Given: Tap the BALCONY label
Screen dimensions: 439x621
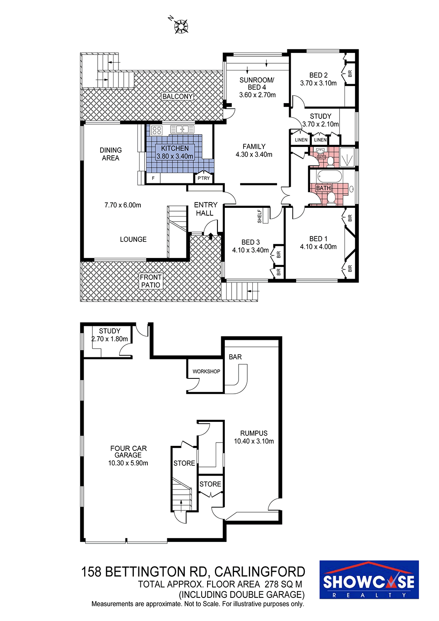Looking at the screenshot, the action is pos(178,96).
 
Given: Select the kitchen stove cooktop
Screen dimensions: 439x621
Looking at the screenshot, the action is pos(157,130).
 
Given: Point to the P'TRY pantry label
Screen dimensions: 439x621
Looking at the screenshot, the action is pos(203,178).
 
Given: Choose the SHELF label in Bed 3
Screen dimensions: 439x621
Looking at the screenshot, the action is pos(260,216).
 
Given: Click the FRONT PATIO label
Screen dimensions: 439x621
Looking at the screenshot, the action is pos(151,281).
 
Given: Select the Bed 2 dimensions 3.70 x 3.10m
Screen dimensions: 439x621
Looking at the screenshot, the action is pos(318,83).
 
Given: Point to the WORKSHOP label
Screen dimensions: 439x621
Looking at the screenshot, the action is pos(206,371).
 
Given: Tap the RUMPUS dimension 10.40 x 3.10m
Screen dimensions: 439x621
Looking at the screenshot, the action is pos(254,441).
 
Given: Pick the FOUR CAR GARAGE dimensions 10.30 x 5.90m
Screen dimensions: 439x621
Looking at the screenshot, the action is pos(128,463).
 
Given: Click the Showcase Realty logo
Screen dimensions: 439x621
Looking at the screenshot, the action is pos(369,580).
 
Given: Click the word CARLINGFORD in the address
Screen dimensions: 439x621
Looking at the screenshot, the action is pos(260,572).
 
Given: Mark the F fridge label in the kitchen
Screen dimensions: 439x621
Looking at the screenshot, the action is pos(153,178).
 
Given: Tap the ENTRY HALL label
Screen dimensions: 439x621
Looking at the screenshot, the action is pos(205,209).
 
